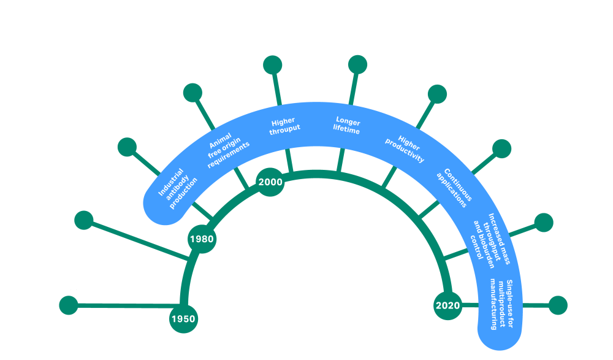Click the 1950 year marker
[183, 318]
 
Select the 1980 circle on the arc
[201, 239]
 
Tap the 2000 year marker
[270, 182]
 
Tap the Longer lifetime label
[347, 124]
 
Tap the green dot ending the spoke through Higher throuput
[272, 64]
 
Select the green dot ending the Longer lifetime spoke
[357, 64]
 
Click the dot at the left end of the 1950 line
[69, 305]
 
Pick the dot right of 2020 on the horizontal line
[558, 305]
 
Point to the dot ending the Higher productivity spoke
[437, 94]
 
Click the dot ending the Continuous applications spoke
[501, 148]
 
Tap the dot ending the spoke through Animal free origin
[194, 93]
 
